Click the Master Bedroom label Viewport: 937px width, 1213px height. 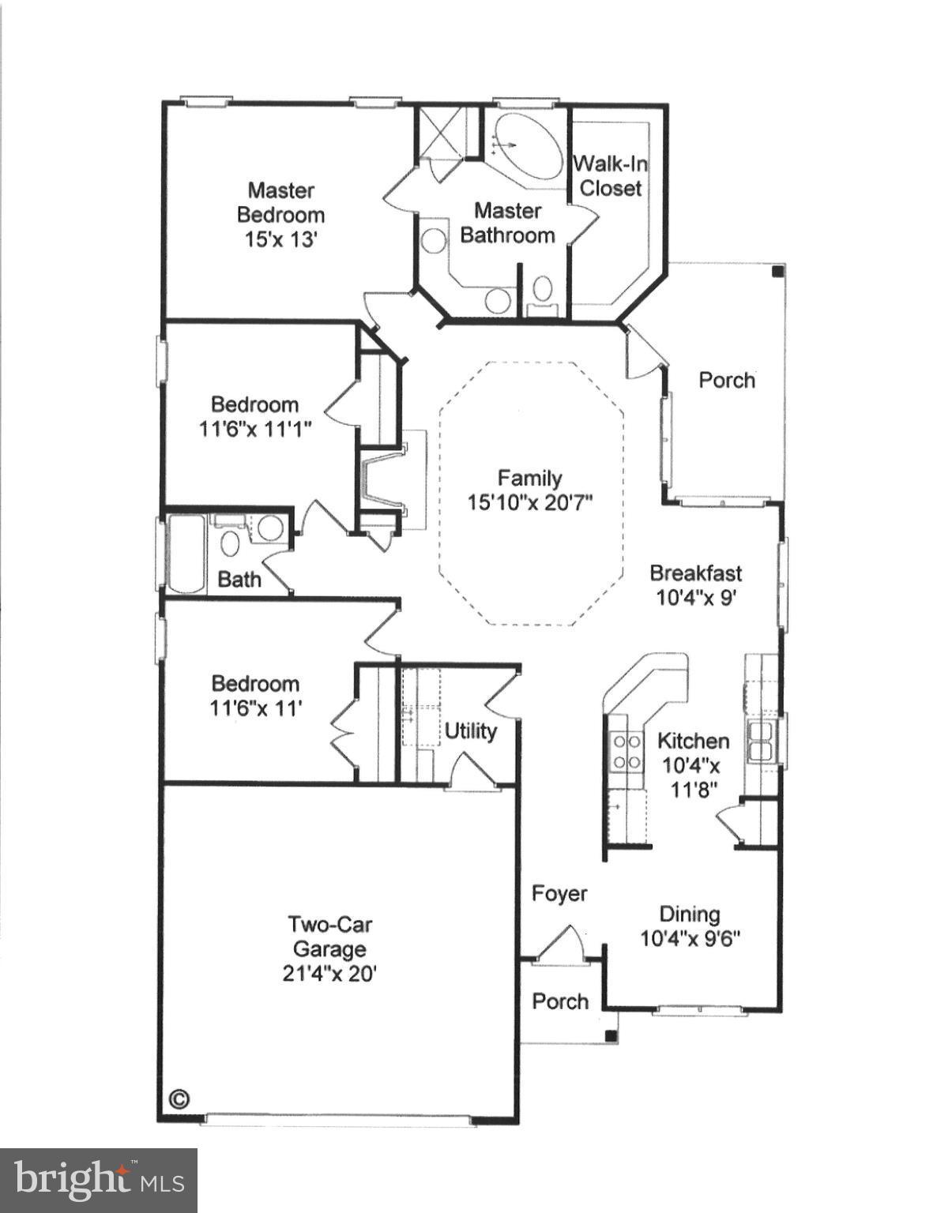[280, 202]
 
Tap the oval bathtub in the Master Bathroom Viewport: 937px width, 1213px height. [524, 148]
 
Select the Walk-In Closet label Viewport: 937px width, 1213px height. [610, 175]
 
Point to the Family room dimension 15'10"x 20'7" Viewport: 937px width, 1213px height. [529, 502]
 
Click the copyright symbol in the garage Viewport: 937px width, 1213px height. [180, 1098]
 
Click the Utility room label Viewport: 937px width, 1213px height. [470, 730]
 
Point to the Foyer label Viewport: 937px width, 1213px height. [559, 893]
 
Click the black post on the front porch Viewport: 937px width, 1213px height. [610, 1036]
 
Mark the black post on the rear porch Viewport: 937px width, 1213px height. [777, 272]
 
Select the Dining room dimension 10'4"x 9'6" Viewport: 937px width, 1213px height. [689, 938]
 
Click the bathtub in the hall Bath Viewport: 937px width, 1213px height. [186, 553]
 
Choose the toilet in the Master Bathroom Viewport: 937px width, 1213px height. [542, 289]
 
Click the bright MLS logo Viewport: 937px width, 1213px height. [99, 1181]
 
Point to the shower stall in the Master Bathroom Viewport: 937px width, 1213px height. [440, 131]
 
